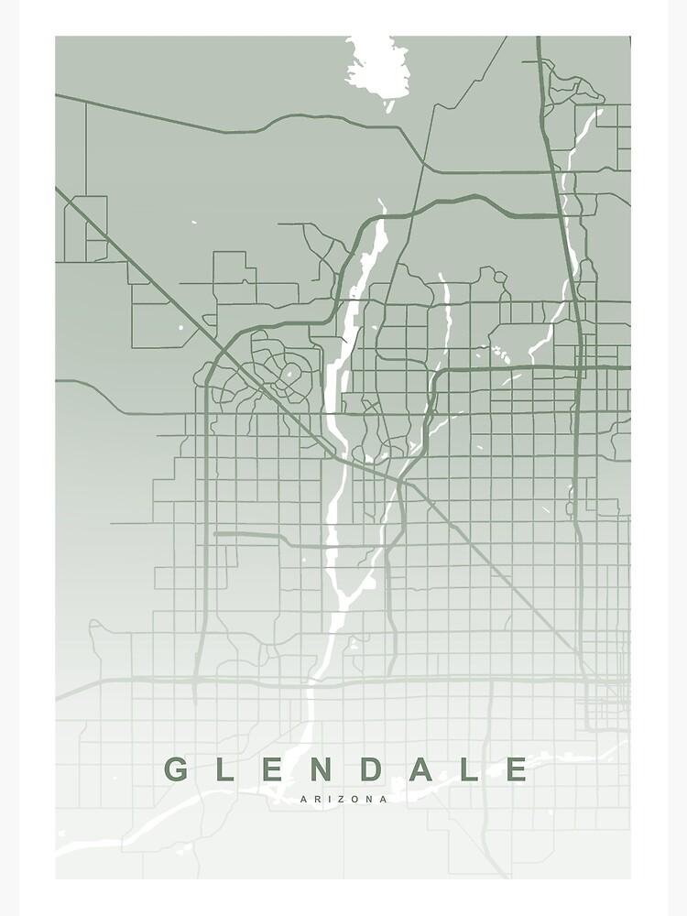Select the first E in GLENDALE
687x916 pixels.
276,769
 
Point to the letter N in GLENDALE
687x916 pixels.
326,769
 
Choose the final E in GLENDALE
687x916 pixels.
518,769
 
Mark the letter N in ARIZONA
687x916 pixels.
369,799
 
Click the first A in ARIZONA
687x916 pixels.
304,799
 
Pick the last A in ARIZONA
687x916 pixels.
383,799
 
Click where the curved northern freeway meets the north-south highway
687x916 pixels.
560,216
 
